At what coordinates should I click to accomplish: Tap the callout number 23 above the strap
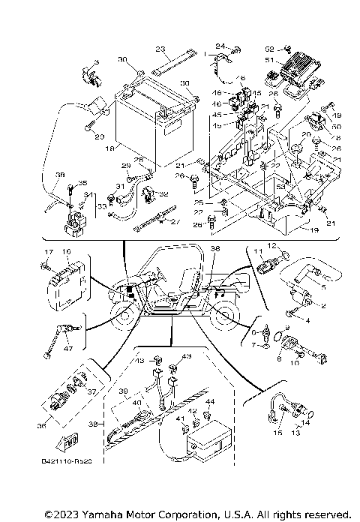[x=160, y=49]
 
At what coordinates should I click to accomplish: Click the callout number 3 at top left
[x=97, y=61]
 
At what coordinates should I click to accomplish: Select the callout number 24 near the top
[x=220, y=46]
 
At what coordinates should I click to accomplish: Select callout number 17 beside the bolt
[x=46, y=252]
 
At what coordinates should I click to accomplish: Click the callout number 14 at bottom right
[x=306, y=423]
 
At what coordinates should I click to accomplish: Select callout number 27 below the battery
[x=176, y=222]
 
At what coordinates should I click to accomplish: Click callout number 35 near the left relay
[x=82, y=183]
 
